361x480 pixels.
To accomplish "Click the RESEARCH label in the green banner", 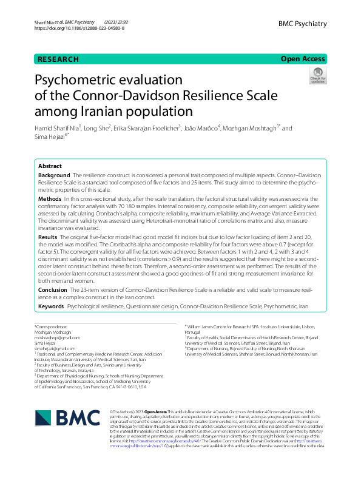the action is tap(58, 59).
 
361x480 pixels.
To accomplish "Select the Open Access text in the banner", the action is tap(303, 59).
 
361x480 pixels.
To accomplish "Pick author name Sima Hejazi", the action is tap(50, 139).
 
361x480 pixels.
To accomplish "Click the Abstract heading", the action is tap(50, 166).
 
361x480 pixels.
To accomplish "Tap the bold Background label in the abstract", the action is tap(53, 175).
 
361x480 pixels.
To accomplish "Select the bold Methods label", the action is tap(50, 198).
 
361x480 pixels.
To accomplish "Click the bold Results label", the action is tap(48, 236).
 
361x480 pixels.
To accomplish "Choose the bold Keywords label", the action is tap(51, 307).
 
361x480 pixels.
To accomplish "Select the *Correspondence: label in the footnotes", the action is tap(52, 328).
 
